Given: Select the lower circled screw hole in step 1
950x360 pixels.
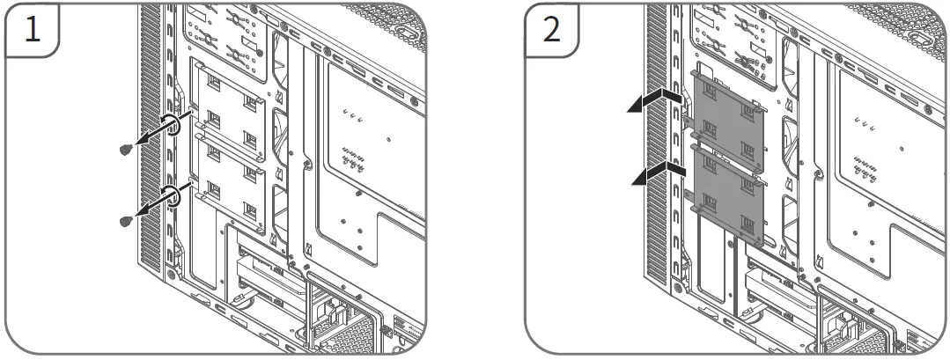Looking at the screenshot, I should click(173, 195).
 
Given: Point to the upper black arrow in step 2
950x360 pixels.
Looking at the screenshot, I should click(655, 99).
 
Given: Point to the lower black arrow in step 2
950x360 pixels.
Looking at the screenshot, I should click(655, 171).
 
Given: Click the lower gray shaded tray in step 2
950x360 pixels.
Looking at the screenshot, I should click(727, 192).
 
